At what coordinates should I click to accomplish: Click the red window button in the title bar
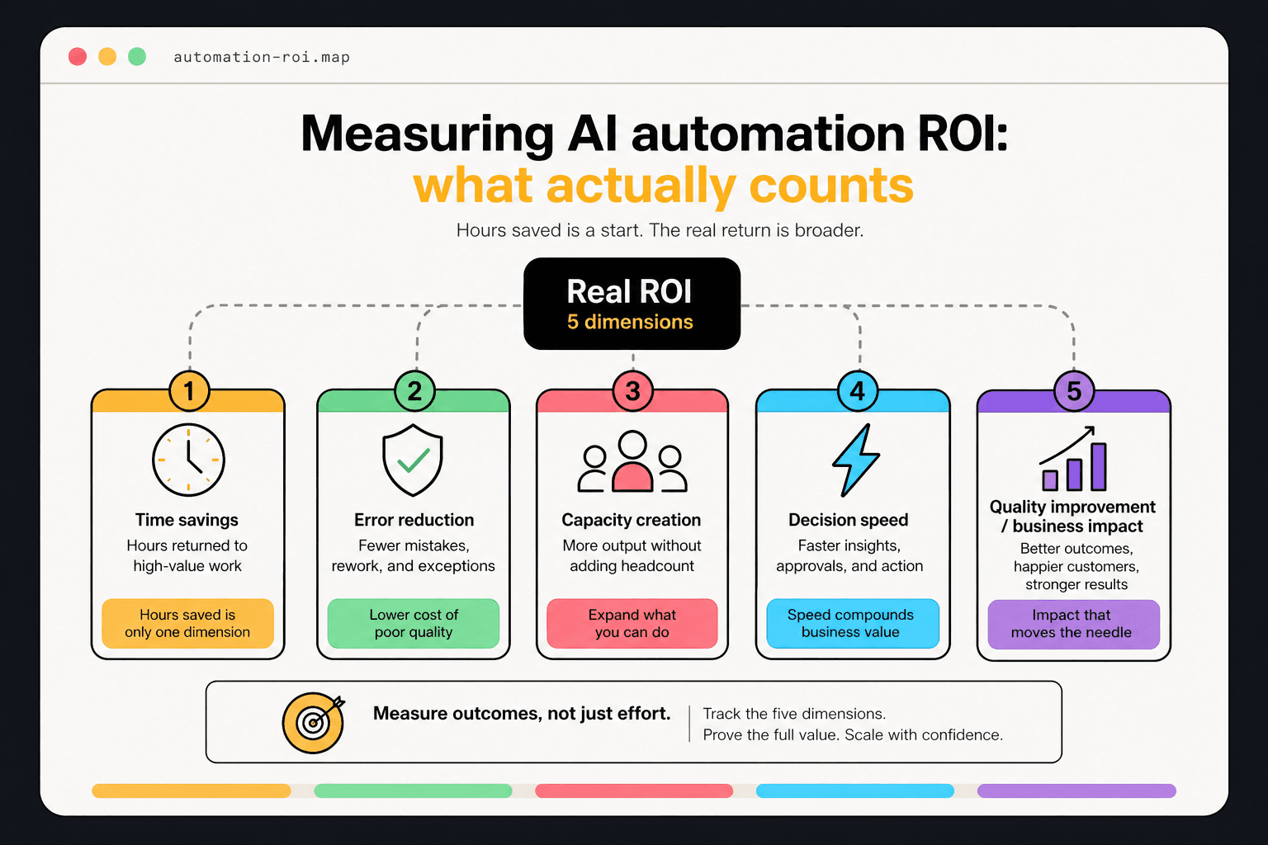point(78,56)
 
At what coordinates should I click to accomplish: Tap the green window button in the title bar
point(137,56)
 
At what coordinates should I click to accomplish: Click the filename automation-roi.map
point(262,57)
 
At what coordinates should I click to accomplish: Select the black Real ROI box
point(632,304)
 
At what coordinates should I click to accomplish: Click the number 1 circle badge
point(189,391)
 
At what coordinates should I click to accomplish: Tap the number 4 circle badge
point(858,391)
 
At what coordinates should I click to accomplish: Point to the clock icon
point(188,460)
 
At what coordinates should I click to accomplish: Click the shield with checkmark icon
point(413,460)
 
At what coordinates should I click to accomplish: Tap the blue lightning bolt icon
point(855,460)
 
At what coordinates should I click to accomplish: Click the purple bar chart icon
point(1073,460)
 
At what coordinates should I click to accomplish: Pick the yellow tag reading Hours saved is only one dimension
point(187,623)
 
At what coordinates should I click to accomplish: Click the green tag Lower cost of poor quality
point(414,623)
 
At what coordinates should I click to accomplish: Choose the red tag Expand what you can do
point(632,623)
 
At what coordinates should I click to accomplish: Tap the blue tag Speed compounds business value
point(852,623)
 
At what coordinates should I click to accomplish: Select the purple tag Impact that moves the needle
point(1073,624)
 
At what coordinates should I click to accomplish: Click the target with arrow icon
point(314,722)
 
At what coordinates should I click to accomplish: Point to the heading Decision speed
point(848,520)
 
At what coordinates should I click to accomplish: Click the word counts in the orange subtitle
point(830,186)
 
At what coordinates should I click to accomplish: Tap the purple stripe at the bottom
point(1076,791)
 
